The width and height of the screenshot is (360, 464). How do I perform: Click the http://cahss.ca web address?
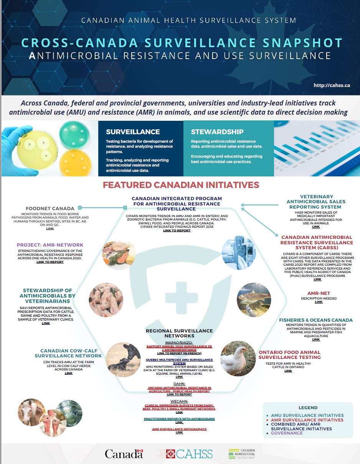point(332,86)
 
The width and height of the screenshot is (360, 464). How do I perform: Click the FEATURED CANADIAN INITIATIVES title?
point(181,185)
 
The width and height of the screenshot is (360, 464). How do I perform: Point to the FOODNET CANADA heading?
point(50,209)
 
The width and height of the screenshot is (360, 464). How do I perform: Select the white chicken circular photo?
point(238,358)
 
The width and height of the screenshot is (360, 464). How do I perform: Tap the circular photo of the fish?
point(254,299)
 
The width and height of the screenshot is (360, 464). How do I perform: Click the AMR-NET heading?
point(319,293)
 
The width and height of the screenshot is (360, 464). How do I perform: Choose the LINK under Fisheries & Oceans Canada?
point(316,339)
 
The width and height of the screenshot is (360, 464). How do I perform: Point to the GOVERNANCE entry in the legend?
point(287,433)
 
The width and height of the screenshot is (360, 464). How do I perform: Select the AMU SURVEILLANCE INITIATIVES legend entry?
point(307,415)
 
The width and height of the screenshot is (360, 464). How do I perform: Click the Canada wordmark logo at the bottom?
point(124,454)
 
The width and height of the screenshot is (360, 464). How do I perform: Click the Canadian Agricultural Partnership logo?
point(241,454)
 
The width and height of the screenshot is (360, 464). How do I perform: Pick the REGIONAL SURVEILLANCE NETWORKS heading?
point(179,333)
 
